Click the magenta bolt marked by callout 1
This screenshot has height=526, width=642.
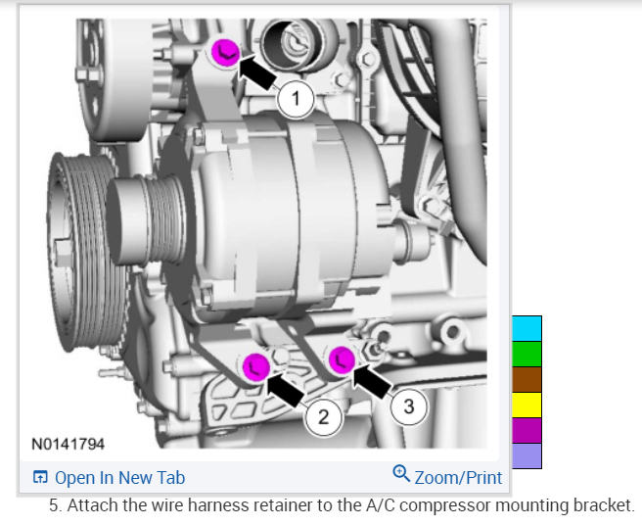coord(225,53)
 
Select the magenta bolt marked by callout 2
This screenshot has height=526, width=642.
coord(256,367)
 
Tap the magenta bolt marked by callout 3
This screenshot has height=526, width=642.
coord(342,360)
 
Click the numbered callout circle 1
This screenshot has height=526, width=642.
coord(296,99)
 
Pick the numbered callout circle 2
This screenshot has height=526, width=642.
coord(324,417)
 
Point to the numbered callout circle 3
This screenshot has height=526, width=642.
coord(409,406)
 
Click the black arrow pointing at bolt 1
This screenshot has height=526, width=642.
coord(256,72)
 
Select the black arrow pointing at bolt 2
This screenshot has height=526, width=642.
coord(286,389)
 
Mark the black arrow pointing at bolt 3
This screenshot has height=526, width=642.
coord(372,380)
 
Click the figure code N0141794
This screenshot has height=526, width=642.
coord(68,444)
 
